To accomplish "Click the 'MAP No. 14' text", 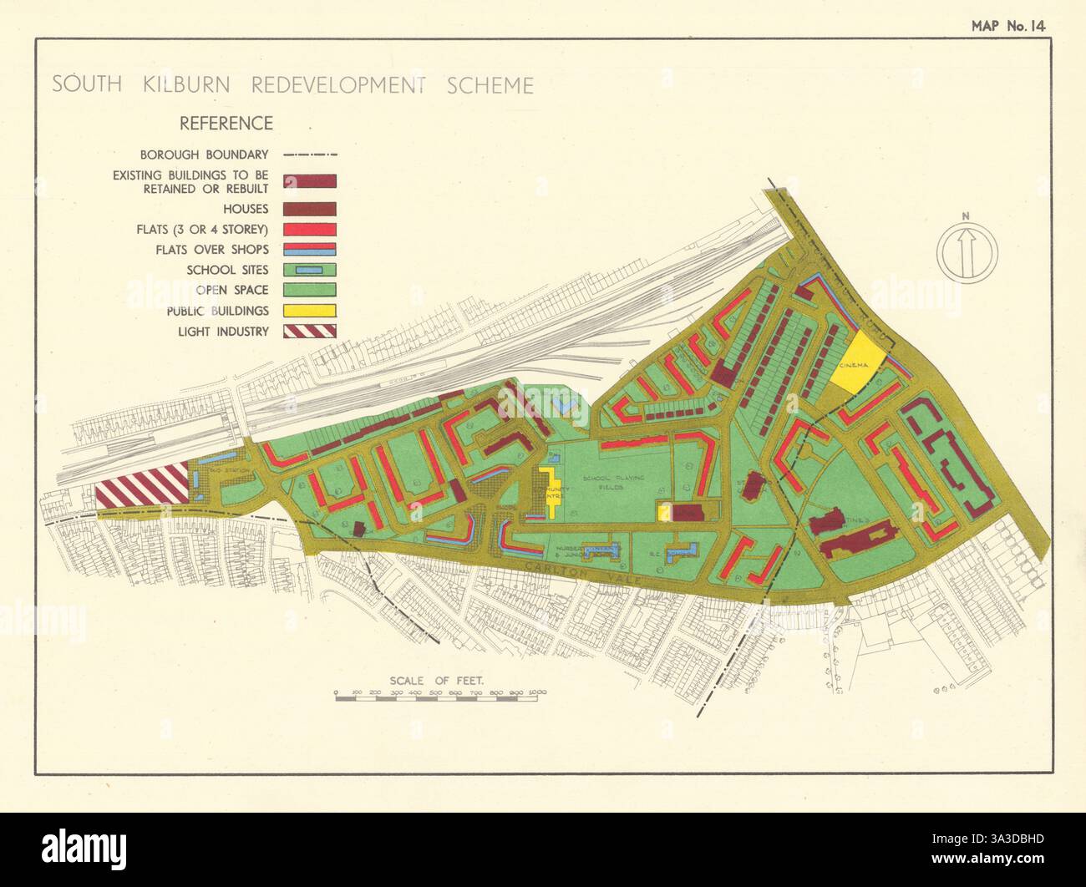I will pos(1007,25).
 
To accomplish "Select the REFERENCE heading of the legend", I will pos(226,124).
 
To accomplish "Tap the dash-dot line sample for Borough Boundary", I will pos(310,155).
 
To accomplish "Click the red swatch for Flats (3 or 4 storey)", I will pos(310,229).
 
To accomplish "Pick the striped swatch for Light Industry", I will pos(310,331).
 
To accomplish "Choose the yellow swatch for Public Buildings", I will pos(310,311).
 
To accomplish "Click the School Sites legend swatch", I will pos(310,270).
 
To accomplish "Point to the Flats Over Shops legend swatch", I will pos(310,249).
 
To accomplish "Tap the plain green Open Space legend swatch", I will pos(310,290).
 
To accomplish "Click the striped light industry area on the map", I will pos(142,484).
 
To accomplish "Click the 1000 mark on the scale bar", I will pos(536,693).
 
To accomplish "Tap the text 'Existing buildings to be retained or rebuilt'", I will pos(190,182).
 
